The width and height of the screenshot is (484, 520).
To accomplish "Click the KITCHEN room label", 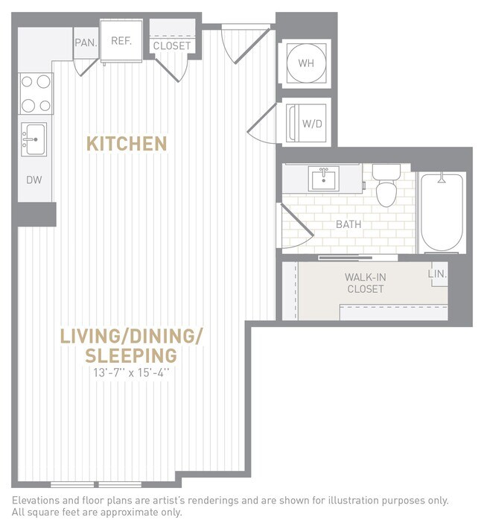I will click(x=127, y=144).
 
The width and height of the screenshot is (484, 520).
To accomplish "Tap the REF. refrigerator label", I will click(x=121, y=41).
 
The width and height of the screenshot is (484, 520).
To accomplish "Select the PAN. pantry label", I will click(x=85, y=42).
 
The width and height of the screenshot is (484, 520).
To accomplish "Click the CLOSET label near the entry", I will click(x=172, y=45).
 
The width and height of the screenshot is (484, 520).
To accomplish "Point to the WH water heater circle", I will click(x=306, y=63).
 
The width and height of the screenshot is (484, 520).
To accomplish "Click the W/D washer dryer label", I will click(x=311, y=123).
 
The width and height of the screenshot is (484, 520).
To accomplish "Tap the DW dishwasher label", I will click(x=34, y=180).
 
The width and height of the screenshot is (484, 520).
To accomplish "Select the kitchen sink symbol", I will click(x=34, y=139).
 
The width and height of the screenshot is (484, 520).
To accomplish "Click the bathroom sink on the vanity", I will click(x=324, y=179).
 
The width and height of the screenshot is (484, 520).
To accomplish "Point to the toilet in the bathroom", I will click(x=386, y=188).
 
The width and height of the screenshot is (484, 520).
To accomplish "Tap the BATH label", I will click(x=348, y=223).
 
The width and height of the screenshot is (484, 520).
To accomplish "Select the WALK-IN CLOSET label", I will click(x=365, y=283).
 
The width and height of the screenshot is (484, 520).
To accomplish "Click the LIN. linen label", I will click(x=437, y=274).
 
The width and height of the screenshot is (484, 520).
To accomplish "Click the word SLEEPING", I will click(x=131, y=355).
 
